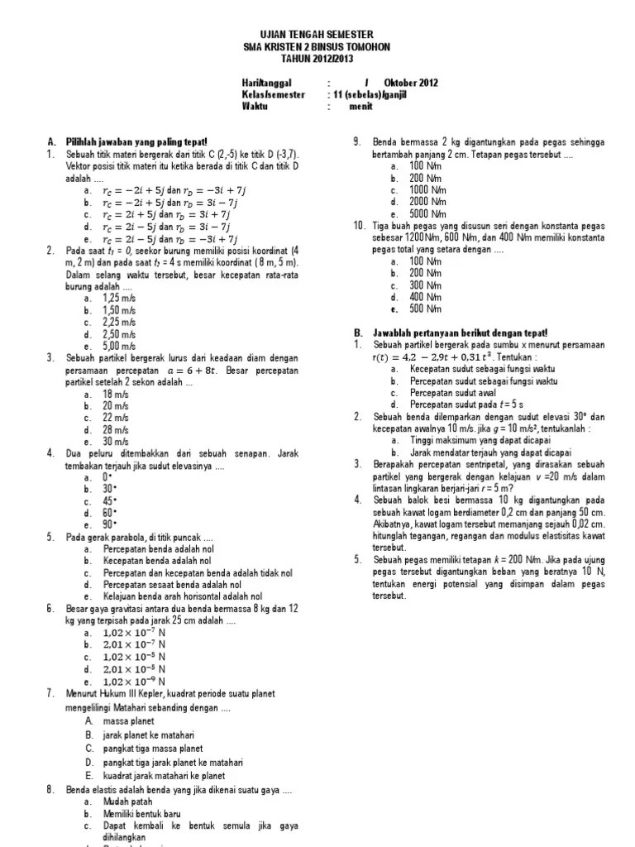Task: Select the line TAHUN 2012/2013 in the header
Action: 317,58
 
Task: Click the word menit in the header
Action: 360,107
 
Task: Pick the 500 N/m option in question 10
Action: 404,309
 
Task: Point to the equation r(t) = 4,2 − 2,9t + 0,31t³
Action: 427,357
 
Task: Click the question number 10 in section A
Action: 359,225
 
